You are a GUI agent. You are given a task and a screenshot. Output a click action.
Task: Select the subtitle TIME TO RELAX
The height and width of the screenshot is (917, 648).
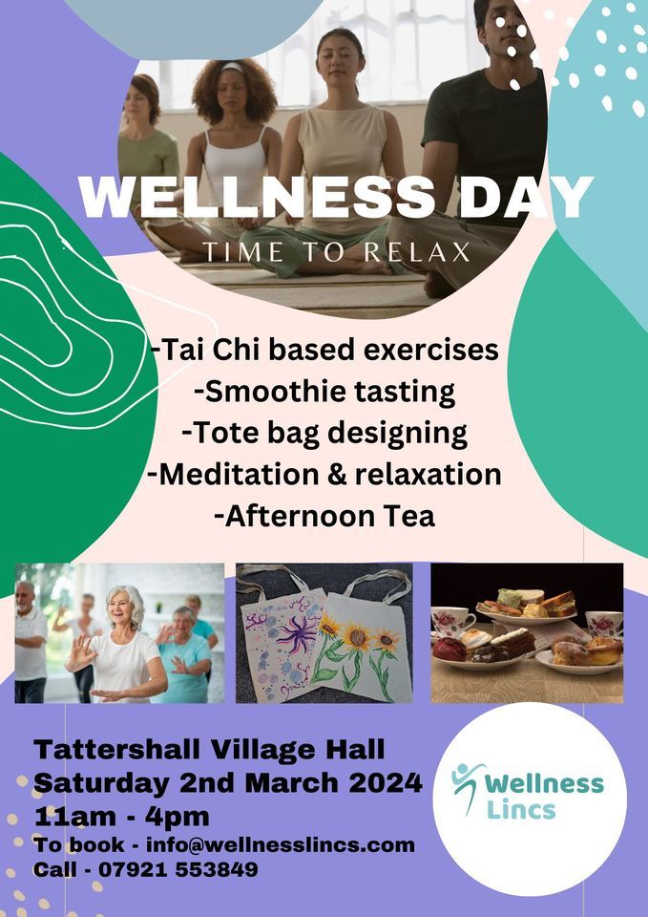point(336,252)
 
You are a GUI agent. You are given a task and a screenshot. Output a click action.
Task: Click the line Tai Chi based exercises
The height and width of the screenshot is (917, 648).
point(324,350)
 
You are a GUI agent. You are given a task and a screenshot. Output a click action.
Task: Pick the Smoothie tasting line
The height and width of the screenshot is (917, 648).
point(324,391)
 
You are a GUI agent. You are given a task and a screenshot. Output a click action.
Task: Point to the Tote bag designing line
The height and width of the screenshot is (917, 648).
point(324,433)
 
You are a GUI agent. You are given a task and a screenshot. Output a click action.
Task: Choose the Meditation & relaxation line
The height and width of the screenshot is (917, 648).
point(324,474)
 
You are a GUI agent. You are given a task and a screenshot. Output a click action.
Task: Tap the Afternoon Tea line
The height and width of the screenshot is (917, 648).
point(324,516)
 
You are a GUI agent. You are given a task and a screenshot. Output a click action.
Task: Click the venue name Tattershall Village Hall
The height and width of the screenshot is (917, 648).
point(210,750)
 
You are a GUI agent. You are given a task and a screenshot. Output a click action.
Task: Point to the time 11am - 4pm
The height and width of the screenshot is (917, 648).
point(121,817)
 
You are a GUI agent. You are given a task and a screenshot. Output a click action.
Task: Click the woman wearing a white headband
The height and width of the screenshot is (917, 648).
point(234,134)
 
